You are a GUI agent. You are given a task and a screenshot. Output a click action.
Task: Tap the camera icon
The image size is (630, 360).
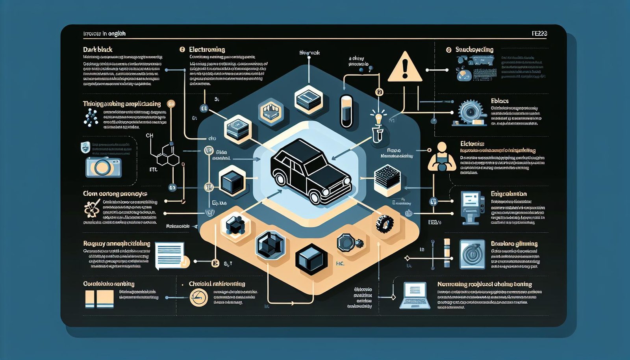point(103,167)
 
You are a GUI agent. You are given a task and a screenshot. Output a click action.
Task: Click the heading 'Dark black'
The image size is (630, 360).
point(98,50)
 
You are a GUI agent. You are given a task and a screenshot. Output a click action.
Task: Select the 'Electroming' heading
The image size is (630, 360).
point(207,50)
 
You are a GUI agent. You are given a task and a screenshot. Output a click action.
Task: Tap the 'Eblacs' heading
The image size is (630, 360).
point(500,101)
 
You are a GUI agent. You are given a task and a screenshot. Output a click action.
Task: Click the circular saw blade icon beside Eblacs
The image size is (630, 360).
point(470,112)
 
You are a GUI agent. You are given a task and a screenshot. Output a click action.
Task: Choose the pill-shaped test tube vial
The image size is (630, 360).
point(346,111)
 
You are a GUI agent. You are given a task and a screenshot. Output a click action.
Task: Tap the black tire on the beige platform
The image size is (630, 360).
point(384,224)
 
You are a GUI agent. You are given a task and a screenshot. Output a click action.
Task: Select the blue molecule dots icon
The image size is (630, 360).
point(91,117)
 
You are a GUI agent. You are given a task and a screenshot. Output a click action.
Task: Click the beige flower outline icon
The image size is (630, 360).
point(92,209)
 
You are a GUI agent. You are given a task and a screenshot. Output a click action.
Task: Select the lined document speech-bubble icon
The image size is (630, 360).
point(170,255)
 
